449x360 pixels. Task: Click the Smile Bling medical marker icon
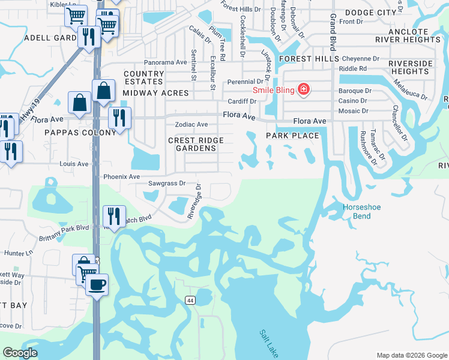point(304,90)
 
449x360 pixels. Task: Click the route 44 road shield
point(190,300)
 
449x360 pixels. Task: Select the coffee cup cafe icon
point(96,284)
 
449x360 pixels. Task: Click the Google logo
point(20,353)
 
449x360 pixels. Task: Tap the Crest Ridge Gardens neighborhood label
point(196,144)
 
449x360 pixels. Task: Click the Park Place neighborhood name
point(292,136)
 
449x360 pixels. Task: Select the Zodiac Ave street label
point(191,125)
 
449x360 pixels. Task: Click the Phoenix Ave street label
point(121,177)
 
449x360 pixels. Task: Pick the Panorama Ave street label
point(165,62)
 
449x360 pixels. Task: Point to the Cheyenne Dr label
point(361,59)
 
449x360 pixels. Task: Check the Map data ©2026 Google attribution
point(411,355)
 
